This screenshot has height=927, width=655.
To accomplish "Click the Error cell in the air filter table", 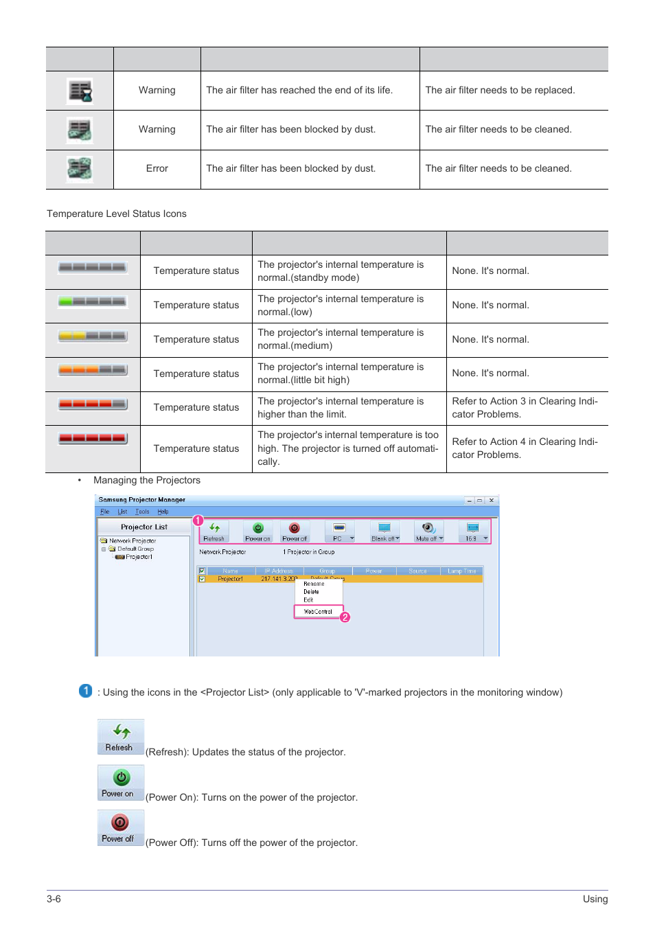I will (x=157, y=169).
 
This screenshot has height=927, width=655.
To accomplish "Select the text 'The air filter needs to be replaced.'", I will (x=500, y=91).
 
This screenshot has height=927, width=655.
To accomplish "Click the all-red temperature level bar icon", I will (x=93, y=438).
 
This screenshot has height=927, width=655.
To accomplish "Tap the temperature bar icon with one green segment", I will (x=93, y=301).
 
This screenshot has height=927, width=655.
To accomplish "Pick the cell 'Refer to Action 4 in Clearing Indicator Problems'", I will (x=525, y=448).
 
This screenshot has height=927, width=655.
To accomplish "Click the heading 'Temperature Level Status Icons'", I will (x=117, y=214).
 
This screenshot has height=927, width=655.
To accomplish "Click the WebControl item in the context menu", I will (x=318, y=611).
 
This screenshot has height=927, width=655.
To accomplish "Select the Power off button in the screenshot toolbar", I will (x=295, y=531).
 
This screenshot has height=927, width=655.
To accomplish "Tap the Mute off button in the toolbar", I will (x=428, y=531).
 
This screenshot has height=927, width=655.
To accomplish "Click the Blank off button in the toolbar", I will (x=384, y=531).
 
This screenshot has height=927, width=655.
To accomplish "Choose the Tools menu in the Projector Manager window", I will (x=142, y=512).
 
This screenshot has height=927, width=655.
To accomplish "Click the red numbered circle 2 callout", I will (x=345, y=617).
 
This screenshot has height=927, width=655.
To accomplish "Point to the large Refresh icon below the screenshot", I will (x=121, y=736).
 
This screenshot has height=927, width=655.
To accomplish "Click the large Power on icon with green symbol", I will (x=121, y=782).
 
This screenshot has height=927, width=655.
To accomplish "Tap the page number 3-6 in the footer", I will (x=54, y=899).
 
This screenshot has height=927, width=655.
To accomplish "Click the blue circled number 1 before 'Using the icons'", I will (x=86, y=691).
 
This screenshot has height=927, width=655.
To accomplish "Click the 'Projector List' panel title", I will (x=144, y=527).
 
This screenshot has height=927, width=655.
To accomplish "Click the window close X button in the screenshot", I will (x=492, y=501).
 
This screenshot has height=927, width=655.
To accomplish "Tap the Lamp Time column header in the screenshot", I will (x=461, y=571).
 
